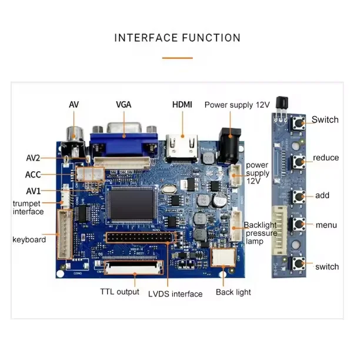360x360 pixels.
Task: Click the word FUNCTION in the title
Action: (211, 38)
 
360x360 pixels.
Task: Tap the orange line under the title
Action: (177, 58)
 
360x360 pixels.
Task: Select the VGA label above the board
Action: (124, 104)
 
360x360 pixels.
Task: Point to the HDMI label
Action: (182, 104)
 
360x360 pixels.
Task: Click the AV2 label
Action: (33, 158)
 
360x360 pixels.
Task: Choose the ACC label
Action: (33, 175)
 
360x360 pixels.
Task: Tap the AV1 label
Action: (33, 191)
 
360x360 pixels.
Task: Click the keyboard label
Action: (29, 239)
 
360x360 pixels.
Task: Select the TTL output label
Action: (119, 292)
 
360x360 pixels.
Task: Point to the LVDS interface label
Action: (175, 294)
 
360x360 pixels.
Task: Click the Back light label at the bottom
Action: (233, 292)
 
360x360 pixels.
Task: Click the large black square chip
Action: (134, 206)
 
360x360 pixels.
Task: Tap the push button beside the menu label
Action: (298, 224)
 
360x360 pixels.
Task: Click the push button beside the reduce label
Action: (298, 159)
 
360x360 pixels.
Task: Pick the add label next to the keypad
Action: (322, 195)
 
